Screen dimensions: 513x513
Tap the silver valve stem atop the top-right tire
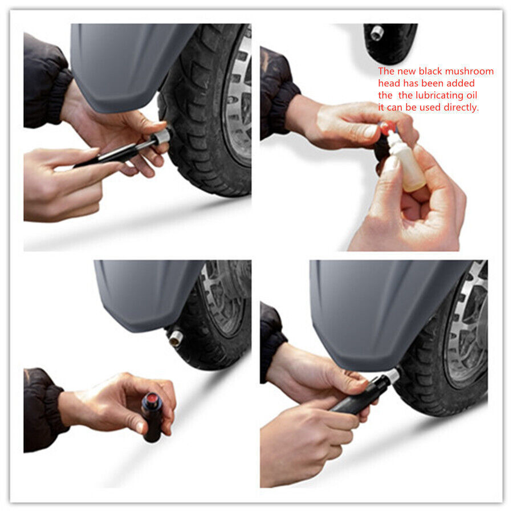[x=377, y=33]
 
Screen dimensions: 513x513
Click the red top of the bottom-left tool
[x=152, y=398]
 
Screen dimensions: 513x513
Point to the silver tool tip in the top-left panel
[x=162, y=136]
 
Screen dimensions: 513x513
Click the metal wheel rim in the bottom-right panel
[x=465, y=331]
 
